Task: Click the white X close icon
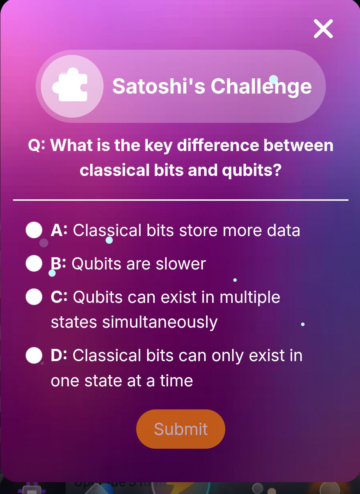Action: click(323, 29)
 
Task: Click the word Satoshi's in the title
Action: click(158, 86)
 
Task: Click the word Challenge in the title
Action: click(261, 86)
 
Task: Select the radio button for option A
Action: click(34, 230)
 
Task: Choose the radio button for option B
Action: click(34, 264)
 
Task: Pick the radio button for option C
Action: click(34, 297)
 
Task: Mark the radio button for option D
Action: click(34, 356)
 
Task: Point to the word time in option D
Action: click(176, 381)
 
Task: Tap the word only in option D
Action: click(228, 356)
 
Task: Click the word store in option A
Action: click(198, 230)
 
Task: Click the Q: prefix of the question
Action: click(36, 145)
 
